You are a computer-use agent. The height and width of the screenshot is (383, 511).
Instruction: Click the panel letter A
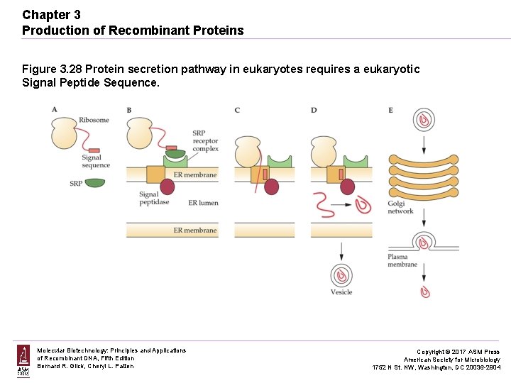coord(55,109)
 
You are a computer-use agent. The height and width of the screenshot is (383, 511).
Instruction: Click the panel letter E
coord(391,110)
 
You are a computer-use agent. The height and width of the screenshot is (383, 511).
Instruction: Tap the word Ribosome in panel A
coord(94,120)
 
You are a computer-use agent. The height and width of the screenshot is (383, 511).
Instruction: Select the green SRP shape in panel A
coord(94,183)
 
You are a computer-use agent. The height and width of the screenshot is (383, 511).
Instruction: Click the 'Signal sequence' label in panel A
coord(96,162)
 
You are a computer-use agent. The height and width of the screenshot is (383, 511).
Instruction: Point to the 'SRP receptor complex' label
coord(205,141)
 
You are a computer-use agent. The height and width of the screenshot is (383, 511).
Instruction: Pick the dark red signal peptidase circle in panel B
coord(167,187)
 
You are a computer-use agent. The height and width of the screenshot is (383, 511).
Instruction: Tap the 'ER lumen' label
coord(203,203)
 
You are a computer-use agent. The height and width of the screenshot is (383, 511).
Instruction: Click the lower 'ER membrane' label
coord(195,231)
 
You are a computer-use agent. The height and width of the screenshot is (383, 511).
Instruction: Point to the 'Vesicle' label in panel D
coord(341,292)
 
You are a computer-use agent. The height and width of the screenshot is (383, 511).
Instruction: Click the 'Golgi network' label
coord(400,207)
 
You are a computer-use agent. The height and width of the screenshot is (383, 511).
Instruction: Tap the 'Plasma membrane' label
coord(402,260)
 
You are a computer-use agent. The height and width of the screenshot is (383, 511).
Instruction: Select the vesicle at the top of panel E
coord(424,120)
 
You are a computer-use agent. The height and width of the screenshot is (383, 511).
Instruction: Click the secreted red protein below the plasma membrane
coord(425,291)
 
